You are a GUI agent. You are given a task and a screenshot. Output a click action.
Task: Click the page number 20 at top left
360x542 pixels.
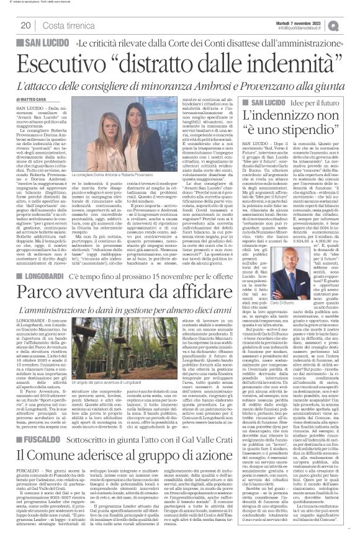[25, 25]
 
